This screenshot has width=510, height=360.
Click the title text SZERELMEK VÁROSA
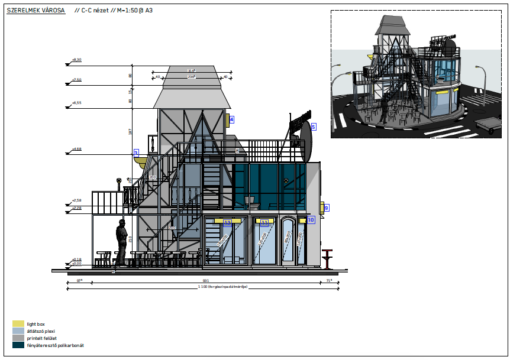click(x=36, y=11)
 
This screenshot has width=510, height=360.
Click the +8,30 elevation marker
click(x=76, y=60)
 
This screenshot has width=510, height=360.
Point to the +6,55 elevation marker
click(x=76, y=103)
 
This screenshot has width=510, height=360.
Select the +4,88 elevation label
click(x=76, y=149)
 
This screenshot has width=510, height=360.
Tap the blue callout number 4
click(x=231, y=119)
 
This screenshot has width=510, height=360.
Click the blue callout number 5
click(x=314, y=127)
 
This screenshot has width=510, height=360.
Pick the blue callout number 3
click(x=136, y=153)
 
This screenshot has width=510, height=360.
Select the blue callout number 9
click(x=326, y=207)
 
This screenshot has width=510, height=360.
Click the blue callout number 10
click(x=311, y=219)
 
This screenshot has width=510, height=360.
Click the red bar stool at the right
click(x=327, y=258)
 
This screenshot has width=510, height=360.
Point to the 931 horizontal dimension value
click(x=205, y=280)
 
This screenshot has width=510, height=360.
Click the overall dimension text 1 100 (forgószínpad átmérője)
click(x=222, y=287)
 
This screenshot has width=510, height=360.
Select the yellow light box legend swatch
click(x=18, y=324)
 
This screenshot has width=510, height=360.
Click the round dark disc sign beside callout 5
click(x=305, y=142)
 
